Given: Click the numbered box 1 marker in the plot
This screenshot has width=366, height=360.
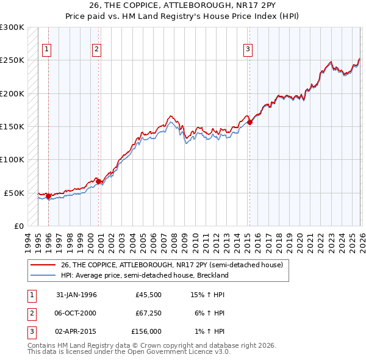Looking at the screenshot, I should [47, 50].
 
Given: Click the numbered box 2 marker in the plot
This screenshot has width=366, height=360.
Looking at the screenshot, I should [97, 50].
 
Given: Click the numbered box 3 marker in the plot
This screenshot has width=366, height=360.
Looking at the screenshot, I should [248, 50].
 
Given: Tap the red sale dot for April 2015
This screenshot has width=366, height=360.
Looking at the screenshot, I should [250, 123].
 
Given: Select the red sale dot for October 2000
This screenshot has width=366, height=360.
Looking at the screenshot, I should [99, 181].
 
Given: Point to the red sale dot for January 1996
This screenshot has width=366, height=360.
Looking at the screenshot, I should [49, 196].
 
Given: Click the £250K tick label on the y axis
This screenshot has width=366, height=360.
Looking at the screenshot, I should [12, 60].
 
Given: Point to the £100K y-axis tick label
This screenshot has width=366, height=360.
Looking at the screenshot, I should [12, 159].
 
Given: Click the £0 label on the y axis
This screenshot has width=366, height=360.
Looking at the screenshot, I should [18, 226].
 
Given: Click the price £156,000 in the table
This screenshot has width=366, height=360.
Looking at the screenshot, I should [146, 331].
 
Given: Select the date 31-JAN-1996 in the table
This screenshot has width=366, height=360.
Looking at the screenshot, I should [76, 295].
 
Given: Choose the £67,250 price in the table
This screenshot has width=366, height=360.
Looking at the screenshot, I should [148, 313].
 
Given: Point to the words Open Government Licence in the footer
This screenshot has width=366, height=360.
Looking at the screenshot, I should [159, 351].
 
